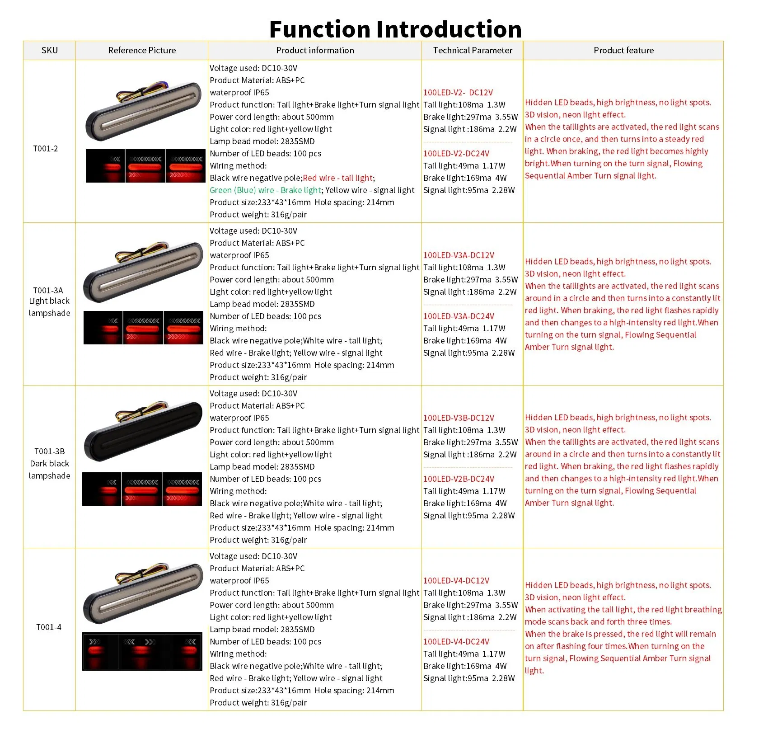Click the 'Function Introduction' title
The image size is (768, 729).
coord(395,29)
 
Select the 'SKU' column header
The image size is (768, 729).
coord(49,50)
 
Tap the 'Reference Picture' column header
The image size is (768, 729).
coord(142,50)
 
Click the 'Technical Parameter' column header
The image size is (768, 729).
coord(473,50)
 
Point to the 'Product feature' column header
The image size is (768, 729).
coord(623,50)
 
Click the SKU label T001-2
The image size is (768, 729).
coord(45,149)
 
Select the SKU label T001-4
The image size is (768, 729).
coord(49,627)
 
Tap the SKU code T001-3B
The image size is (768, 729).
coord(50,451)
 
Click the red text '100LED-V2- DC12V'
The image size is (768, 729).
coord(458,93)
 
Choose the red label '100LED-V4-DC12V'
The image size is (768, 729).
coord(456,581)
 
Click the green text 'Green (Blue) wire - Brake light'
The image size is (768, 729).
coord(265,190)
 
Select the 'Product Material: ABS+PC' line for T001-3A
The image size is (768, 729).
coord(257,243)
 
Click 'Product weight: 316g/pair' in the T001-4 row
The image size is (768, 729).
coord(258,703)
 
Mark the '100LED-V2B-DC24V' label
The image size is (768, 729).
coord(459,479)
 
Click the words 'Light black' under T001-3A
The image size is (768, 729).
coord(49,301)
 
